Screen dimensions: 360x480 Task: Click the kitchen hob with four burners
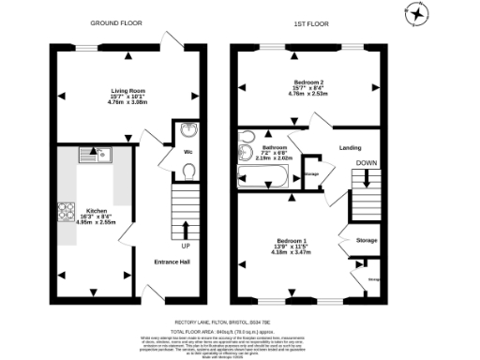(x=67, y=211)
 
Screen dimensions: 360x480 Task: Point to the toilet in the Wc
(x=188, y=170)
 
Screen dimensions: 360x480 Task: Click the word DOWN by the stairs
(x=366, y=161)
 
